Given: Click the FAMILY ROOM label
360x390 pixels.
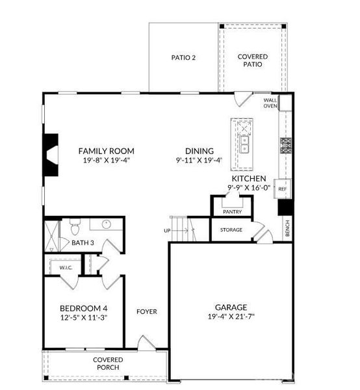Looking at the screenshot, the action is coord(106,151).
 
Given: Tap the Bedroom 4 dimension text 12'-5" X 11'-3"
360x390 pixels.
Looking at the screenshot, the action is coord(84,318).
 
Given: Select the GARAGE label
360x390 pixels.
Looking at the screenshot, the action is coord(231,307).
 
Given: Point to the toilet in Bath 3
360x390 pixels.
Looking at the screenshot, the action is coord(75,227).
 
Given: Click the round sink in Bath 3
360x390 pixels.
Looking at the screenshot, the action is coord(107,224).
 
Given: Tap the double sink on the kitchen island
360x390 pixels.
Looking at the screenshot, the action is coord(244,145).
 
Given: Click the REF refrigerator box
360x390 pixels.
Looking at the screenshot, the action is coord(282,188).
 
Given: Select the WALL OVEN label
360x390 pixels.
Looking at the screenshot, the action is coord(270,103).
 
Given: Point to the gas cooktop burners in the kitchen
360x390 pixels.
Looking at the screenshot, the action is coord(286,146).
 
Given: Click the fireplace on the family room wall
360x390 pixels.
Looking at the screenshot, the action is coord(51,155).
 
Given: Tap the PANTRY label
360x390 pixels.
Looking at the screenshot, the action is coord(232,212).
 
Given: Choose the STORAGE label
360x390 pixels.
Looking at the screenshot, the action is coord(231,230).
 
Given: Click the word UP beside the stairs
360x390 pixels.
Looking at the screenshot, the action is coord(167,231).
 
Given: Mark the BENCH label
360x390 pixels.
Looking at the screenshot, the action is coord(287,228).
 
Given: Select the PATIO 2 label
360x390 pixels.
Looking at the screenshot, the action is coord(183,58).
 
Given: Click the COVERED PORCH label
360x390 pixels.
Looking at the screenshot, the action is coord(108,363).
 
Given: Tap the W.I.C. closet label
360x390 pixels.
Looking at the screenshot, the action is coord(66,268).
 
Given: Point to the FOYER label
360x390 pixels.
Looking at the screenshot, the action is coord(147,311).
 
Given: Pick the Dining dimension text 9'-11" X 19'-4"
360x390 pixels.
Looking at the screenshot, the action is coord(199,160).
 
